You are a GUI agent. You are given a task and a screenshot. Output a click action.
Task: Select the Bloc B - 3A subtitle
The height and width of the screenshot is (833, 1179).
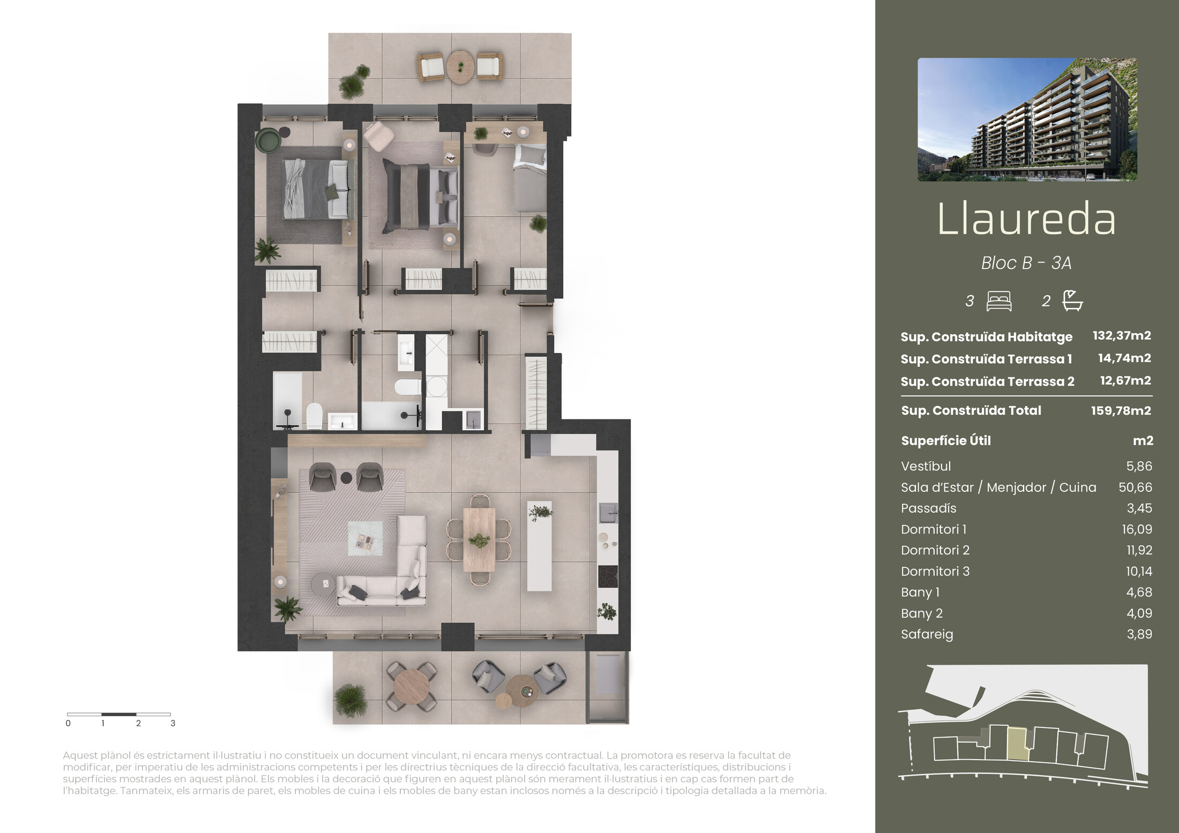1026,263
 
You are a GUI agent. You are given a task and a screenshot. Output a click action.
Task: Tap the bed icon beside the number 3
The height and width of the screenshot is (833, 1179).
999,301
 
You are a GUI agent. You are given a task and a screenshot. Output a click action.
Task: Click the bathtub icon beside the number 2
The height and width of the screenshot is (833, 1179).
1073,301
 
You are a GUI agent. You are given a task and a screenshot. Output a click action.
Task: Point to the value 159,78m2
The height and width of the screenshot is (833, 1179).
1121,410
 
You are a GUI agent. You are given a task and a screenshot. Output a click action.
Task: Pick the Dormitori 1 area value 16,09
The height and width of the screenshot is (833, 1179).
1137,529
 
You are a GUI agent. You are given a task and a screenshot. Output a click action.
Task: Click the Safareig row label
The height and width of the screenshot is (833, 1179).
927,634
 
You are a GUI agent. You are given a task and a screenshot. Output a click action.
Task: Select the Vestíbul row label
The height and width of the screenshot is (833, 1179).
926,466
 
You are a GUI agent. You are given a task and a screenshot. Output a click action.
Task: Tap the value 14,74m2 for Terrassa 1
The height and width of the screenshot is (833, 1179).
1124,358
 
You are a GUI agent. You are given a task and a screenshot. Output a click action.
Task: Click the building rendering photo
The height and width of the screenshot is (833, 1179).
1027,119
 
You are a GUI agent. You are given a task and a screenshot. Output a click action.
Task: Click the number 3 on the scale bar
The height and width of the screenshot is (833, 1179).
173,723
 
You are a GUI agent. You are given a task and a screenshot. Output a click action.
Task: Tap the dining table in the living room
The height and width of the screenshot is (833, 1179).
479,540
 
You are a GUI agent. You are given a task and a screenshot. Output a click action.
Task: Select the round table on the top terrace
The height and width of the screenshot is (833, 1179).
460,67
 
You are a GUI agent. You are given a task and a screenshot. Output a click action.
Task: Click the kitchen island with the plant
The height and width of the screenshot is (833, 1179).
540,546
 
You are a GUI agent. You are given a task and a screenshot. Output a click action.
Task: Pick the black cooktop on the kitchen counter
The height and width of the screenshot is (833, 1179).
608,576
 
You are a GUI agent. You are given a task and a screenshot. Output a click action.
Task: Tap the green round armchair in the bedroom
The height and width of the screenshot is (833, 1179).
269,141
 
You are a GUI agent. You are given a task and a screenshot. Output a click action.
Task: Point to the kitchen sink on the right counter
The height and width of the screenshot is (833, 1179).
608,513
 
